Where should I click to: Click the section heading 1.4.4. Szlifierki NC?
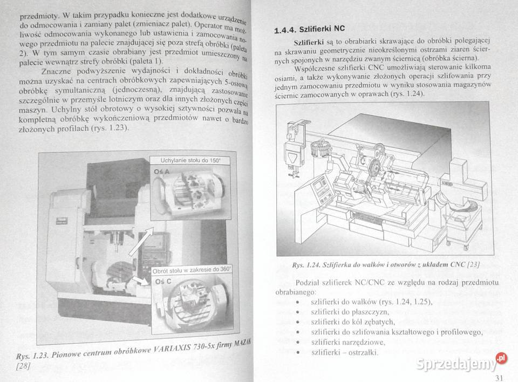coord(309,29)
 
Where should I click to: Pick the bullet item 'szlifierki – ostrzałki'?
coord(344,352)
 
